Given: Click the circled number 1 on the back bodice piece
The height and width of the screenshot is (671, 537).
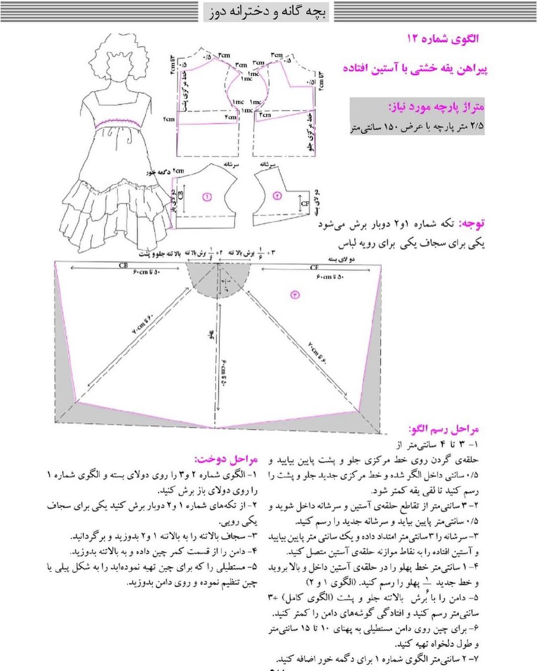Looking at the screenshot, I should tap(206, 197).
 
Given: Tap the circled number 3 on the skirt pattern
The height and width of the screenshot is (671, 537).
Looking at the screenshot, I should tap(295, 295).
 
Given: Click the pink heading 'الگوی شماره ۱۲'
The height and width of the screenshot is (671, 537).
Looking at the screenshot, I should tap(443, 39).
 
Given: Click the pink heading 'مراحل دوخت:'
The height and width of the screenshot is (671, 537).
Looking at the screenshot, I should tap(226, 460).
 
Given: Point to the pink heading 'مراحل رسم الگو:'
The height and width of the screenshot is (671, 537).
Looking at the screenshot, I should tap(444, 429).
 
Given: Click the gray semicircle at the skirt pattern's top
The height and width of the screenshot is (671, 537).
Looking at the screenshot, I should tap(218, 280).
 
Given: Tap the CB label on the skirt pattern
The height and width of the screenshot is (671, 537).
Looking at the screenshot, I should tap(123, 266).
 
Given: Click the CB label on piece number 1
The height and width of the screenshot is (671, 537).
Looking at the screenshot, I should tap(181, 196).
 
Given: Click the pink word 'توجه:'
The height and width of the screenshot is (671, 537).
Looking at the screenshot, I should tap(472, 223).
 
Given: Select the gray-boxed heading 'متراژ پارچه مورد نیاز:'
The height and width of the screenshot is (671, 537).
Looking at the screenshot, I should tap(436, 107).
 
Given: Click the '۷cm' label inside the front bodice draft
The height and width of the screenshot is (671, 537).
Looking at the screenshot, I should tap(265, 115).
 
